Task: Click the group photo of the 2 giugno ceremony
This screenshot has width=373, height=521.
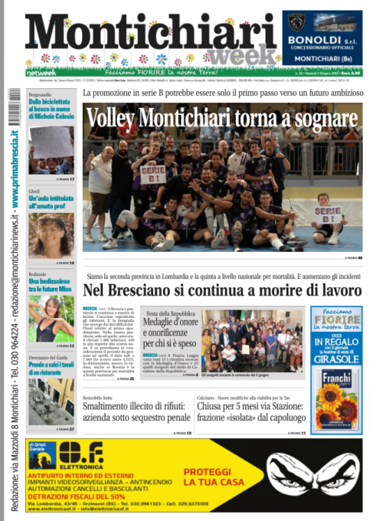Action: [253, 340]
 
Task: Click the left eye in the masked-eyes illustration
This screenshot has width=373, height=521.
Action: [287, 469]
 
